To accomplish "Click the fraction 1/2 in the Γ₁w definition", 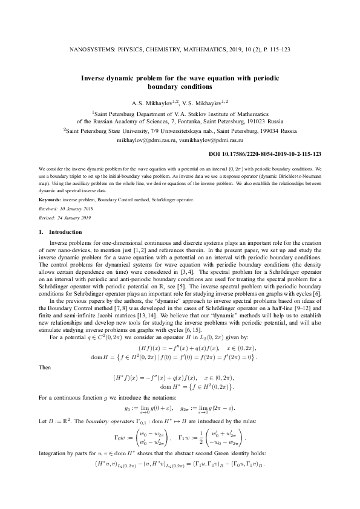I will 205,437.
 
